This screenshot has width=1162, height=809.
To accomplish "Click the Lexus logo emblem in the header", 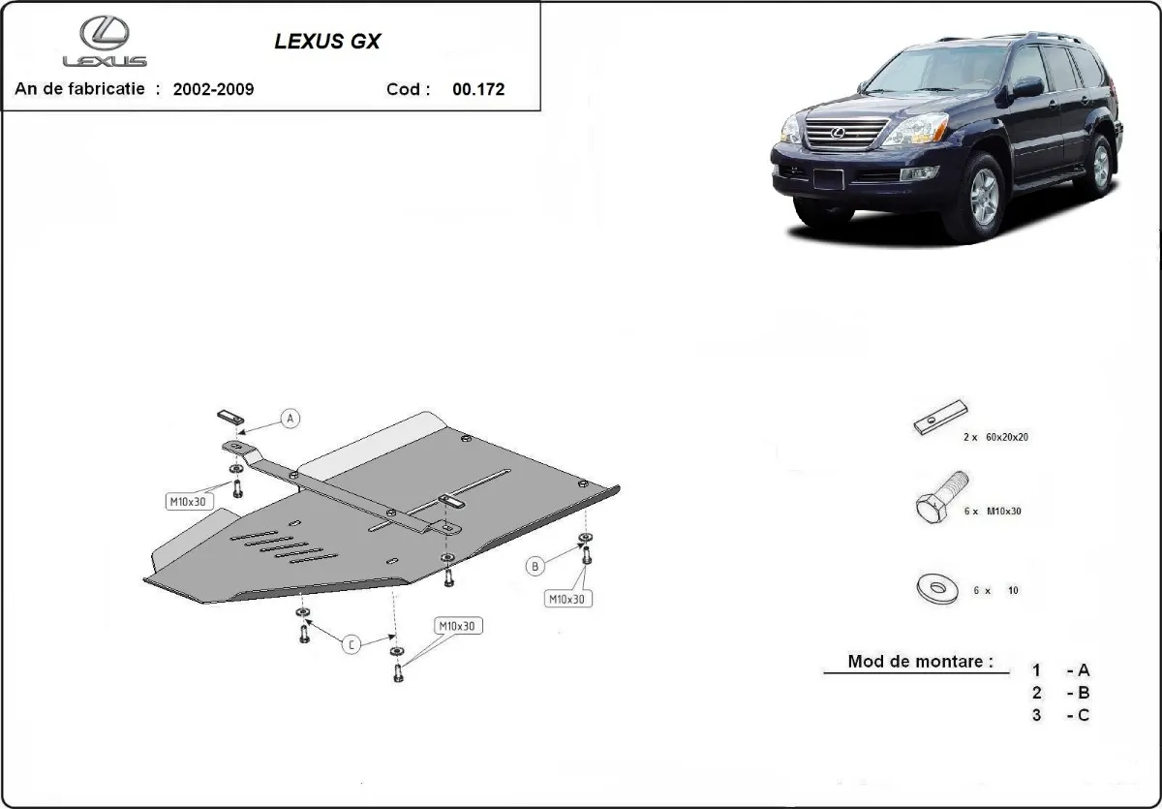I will point(105,35).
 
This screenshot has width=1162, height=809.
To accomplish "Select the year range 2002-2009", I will point(213,89).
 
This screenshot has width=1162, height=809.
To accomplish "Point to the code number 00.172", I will point(478,89).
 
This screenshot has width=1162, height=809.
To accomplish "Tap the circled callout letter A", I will point(290,419).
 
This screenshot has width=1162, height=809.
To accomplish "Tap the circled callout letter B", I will point(535,566).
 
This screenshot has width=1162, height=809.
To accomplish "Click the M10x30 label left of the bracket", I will point(187,501).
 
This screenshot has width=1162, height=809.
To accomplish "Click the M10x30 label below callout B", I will point(566,600).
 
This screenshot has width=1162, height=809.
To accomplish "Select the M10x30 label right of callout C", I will point(457,626).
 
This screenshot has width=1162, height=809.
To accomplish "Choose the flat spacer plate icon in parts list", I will point(940,418).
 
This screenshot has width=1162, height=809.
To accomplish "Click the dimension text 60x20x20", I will point(1008,437).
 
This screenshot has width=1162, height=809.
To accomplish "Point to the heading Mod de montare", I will point(920,662).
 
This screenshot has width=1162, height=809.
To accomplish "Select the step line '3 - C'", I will point(1061,715).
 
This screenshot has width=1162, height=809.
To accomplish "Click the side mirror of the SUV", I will point(1027,87).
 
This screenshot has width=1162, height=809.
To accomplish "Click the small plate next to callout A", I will point(228,416).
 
